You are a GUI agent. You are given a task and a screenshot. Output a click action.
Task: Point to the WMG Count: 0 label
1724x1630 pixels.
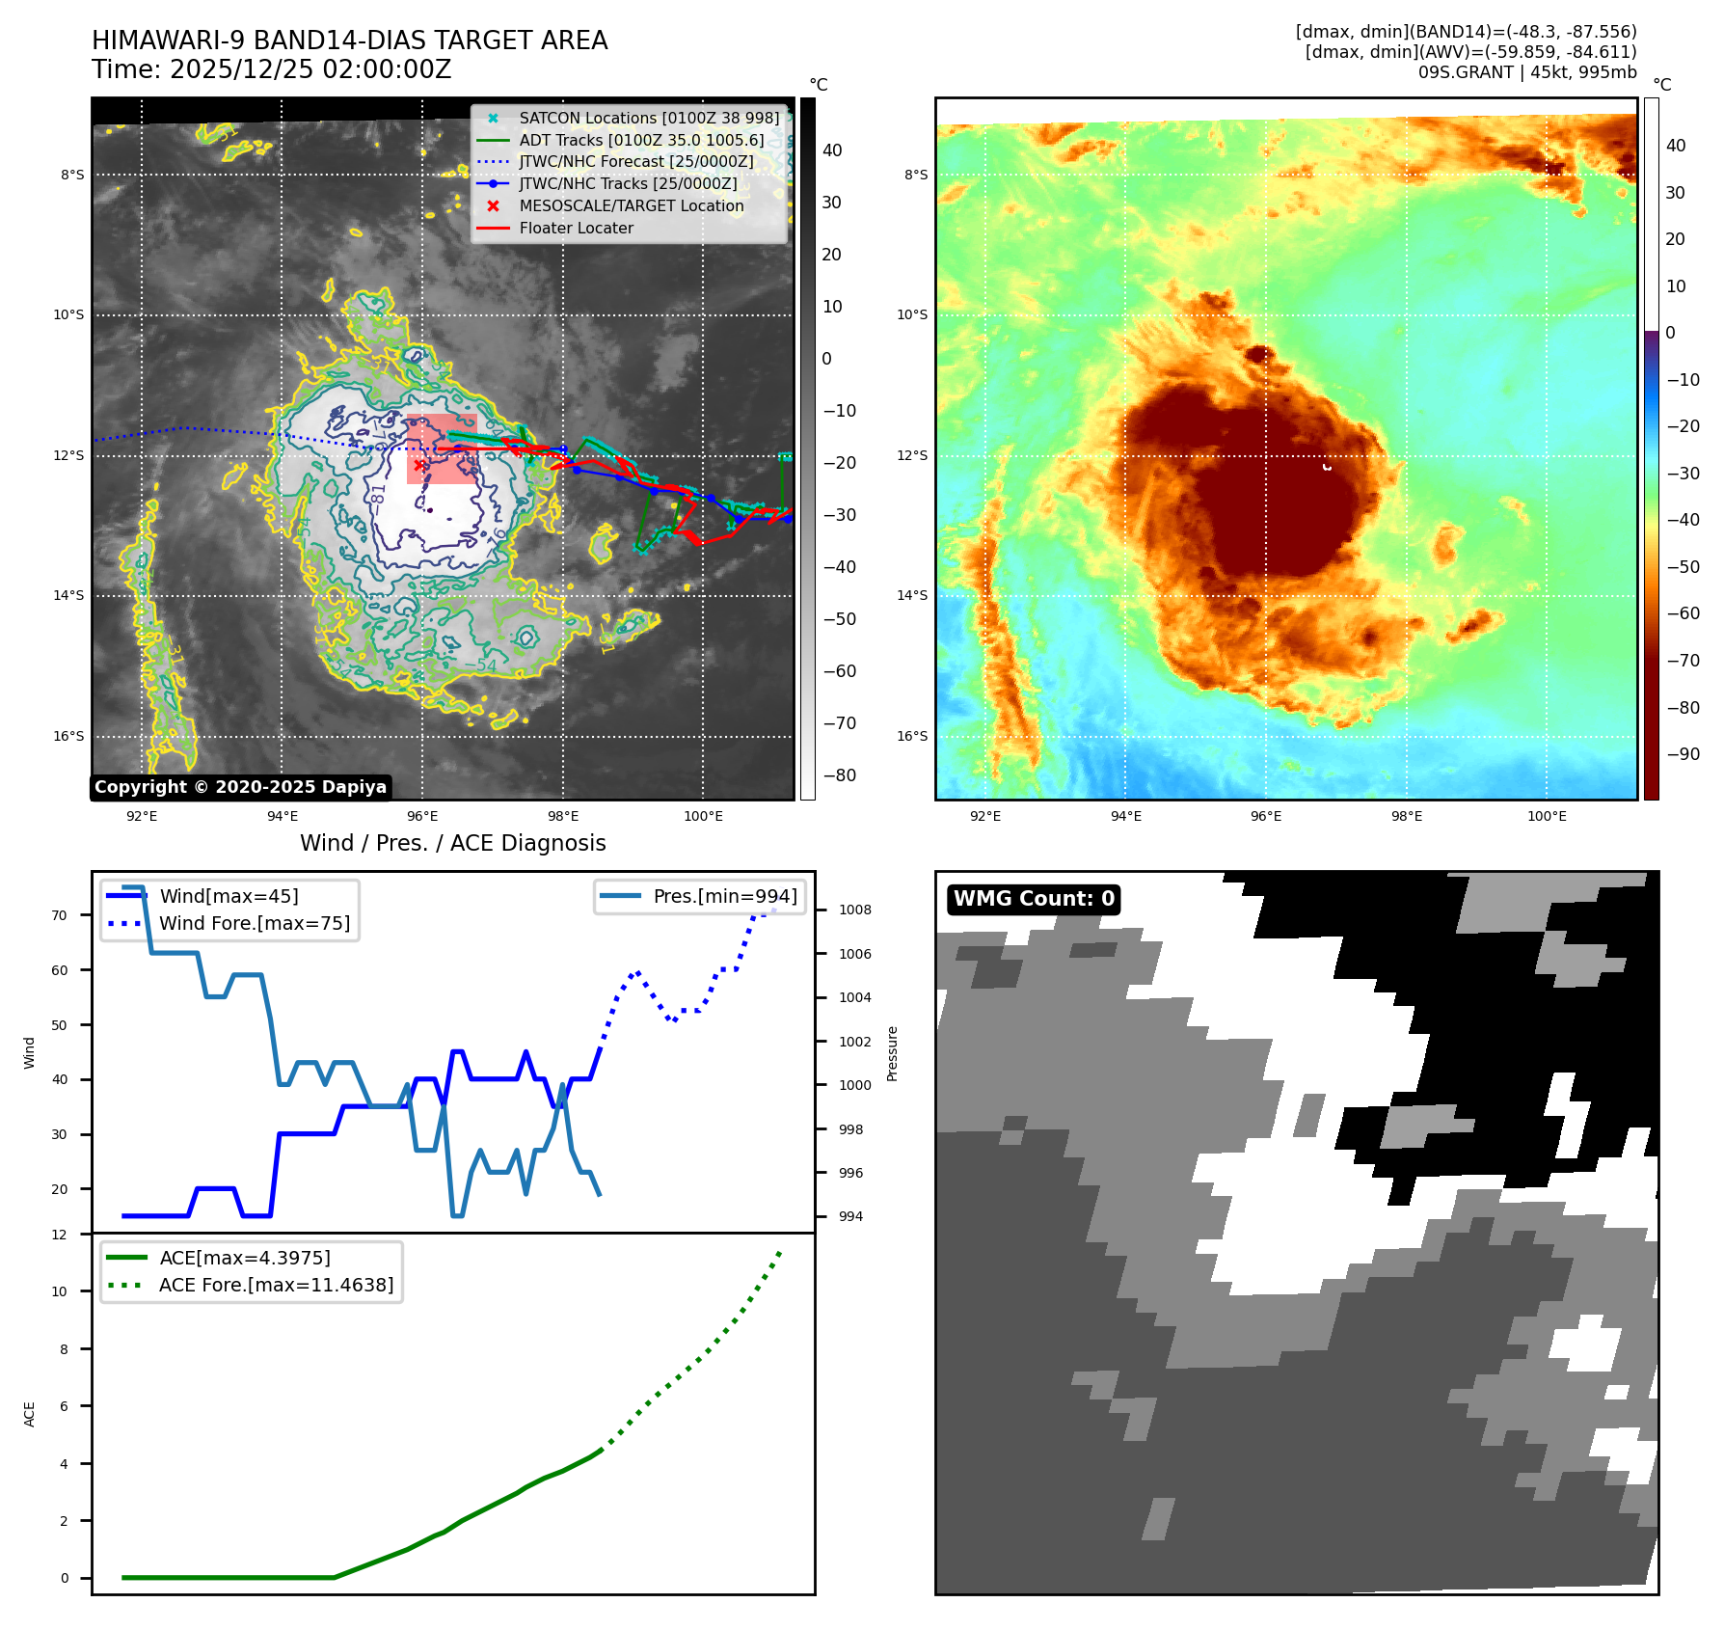pyautogui.click(x=1034, y=899)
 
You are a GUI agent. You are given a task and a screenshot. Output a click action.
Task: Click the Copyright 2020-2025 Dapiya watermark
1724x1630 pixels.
pyautogui.click(x=240, y=787)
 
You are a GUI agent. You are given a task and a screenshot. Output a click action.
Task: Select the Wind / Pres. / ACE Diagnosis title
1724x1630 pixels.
pyautogui.click(x=452, y=843)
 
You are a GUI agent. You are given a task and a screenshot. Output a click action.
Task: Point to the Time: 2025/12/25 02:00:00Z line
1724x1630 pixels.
pyautogui.click(x=271, y=69)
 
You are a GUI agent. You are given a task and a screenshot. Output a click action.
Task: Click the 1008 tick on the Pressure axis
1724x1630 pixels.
pyautogui.click(x=854, y=910)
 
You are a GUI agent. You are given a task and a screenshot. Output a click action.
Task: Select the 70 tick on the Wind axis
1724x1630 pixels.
pyautogui.click(x=60, y=915)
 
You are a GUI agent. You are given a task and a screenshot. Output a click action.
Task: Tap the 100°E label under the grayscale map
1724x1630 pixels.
pyautogui.click(x=703, y=816)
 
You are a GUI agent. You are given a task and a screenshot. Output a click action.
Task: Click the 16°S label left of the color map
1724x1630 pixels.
pyautogui.click(x=912, y=736)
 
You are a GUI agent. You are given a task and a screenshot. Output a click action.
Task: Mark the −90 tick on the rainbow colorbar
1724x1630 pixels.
pyautogui.click(x=1683, y=754)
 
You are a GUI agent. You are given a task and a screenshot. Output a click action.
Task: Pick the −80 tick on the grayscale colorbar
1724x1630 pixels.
pyautogui.click(x=839, y=775)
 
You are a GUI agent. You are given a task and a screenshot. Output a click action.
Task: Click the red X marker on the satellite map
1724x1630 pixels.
pyautogui.click(x=418, y=465)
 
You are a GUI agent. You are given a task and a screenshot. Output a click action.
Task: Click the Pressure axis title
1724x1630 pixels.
pyautogui.click(x=892, y=1053)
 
